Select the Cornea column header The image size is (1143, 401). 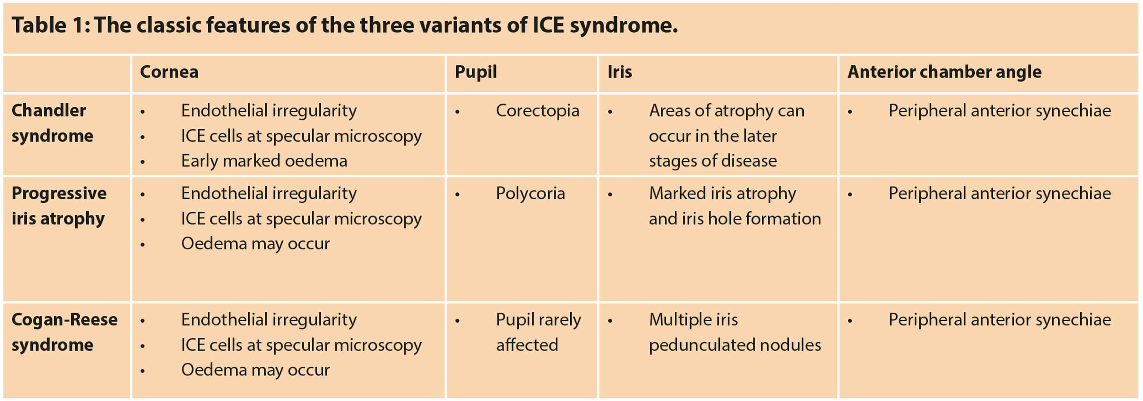[x=169, y=72]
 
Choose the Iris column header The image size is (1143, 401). [x=620, y=72]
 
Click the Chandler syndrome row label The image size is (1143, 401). [x=52, y=123]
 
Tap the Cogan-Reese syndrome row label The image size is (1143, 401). [x=64, y=332]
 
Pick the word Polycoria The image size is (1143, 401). [x=530, y=194]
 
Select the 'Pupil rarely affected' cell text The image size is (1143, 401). [x=538, y=332]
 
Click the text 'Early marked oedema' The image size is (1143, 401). [x=264, y=161]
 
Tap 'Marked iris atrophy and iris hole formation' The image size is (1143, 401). [x=735, y=206]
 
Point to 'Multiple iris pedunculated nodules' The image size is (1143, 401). [x=735, y=332]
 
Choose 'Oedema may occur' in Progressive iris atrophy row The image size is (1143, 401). [x=255, y=244]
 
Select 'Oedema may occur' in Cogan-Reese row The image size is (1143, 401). [x=255, y=370]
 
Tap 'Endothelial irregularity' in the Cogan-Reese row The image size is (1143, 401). [x=268, y=320]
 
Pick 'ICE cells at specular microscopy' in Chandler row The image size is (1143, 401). [x=301, y=136]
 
